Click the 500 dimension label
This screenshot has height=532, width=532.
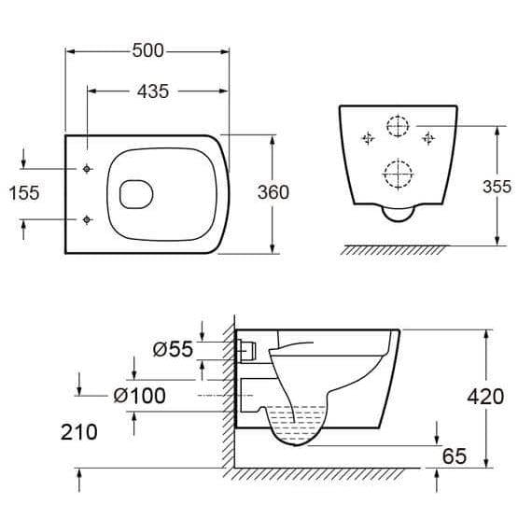(x=147, y=50)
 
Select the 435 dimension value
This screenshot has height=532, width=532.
(x=152, y=91)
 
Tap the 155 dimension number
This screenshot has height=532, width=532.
(x=23, y=193)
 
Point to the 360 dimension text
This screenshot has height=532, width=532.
(x=273, y=192)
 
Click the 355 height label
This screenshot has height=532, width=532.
(x=497, y=187)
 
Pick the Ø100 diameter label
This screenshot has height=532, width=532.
(x=139, y=396)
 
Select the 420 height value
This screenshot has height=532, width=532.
(x=485, y=397)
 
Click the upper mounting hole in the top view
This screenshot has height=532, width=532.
(x=87, y=169)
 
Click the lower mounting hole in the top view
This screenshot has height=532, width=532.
(x=87, y=219)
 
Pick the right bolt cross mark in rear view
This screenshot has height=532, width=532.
(x=429, y=139)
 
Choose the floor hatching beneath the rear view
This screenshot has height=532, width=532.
(x=395, y=249)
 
